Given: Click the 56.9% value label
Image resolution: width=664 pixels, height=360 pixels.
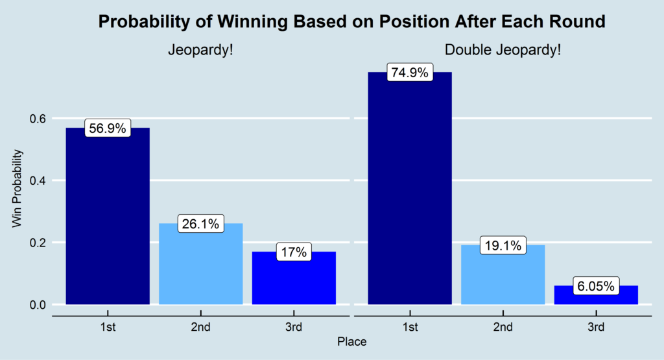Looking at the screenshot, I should point(108,128).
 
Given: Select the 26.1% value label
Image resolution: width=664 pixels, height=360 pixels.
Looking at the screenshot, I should point(200,224).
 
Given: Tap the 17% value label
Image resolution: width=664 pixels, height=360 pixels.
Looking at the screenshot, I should point(294,252).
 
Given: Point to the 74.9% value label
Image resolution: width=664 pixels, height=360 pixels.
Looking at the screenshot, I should point(409,73).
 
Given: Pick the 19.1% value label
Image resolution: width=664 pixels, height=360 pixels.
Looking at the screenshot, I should point(503,246).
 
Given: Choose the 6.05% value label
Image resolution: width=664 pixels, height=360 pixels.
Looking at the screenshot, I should point(595,286).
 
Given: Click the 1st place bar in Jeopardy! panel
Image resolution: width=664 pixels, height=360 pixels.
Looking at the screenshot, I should point(108,221).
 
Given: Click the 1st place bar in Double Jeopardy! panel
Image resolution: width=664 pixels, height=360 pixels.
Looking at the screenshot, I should point(409,195).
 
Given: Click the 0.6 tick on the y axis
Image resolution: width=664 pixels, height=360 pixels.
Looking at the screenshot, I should point(37,119).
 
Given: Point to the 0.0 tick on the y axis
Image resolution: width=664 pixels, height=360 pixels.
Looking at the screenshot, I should point(37,305).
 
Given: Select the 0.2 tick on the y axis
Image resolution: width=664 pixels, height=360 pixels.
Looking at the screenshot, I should point(37,243).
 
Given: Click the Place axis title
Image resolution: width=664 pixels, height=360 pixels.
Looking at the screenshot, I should point(351,341).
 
